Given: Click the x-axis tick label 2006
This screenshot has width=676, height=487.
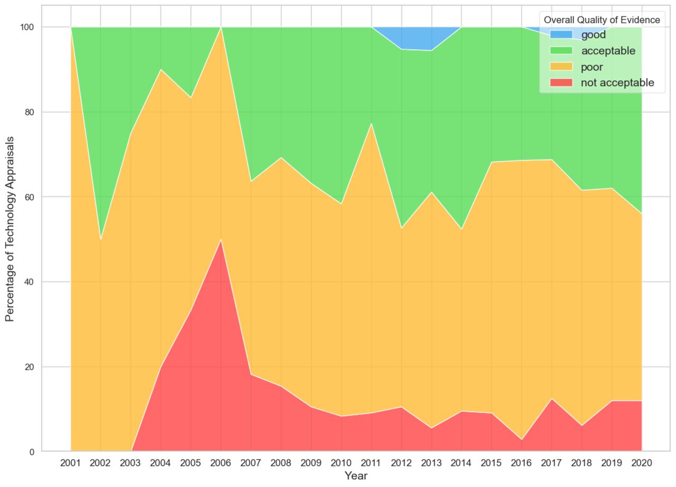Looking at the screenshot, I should pyautogui.click(x=221, y=463).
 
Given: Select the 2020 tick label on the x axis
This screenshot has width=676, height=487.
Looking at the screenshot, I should pyautogui.click(x=642, y=463).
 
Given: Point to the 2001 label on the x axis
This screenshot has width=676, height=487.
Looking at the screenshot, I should pyautogui.click(x=71, y=463).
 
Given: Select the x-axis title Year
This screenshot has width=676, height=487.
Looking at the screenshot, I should pyautogui.click(x=356, y=476).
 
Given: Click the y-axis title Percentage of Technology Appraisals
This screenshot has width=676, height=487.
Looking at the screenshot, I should pyautogui.click(x=10, y=228).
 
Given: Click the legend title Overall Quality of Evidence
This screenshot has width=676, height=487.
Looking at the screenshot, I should pyautogui.click(x=602, y=20).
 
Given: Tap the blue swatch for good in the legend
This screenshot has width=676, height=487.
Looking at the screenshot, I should pyautogui.click(x=561, y=35).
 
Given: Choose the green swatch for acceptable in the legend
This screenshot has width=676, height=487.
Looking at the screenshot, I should pyautogui.click(x=561, y=51).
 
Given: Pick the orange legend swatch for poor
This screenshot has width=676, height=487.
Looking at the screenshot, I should pyautogui.click(x=561, y=67).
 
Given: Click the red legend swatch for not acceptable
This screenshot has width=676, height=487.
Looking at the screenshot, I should pyautogui.click(x=561, y=83).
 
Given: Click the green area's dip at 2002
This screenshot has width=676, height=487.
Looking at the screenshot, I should pyautogui.click(x=100, y=238).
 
